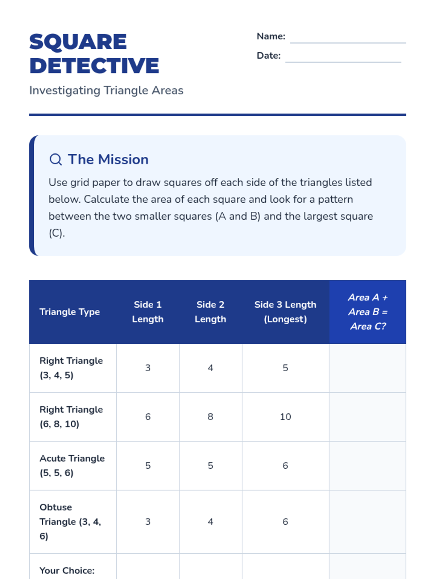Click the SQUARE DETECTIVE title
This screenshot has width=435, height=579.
tap(94, 54)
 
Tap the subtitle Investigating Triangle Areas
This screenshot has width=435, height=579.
tap(106, 90)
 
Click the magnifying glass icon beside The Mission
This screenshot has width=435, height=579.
tap(55, 159)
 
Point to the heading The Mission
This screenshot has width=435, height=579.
tap(108, 159)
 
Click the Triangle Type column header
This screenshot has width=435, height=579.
tap(70, 312)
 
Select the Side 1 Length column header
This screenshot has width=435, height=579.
tap(148, 312)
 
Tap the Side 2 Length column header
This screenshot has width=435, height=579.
tap(210, 312)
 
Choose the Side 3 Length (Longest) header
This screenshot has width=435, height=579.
tap(285, 312)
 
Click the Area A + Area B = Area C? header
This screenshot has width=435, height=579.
tap(368, 312)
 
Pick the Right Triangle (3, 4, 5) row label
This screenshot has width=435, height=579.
tap(71, 368)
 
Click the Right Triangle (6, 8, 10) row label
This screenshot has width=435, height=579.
tap(71, 417)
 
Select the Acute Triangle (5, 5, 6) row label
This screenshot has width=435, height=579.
tap(72, 465)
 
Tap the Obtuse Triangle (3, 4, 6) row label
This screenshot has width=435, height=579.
tap(70, 521)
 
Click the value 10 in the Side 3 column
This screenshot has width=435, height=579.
tap(285, 417)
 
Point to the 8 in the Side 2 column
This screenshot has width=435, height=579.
tap(210, 417)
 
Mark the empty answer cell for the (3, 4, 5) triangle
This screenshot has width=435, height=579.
tap(367, 368)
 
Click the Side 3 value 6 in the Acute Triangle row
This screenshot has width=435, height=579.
tap(285, 466)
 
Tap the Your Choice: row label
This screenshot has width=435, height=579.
tap(67, 571)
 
